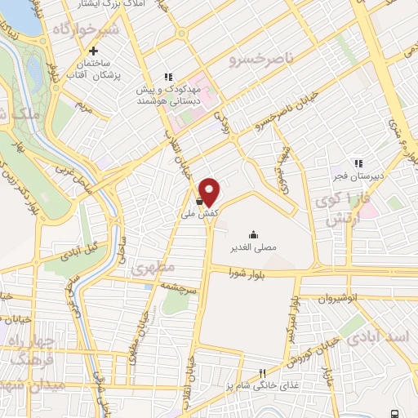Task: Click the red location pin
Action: tap(210, 191)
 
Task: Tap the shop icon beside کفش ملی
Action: tap(199, 196)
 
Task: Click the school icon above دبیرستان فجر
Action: tap(358, 162)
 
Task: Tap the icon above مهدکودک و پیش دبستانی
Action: tap(168, 78)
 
